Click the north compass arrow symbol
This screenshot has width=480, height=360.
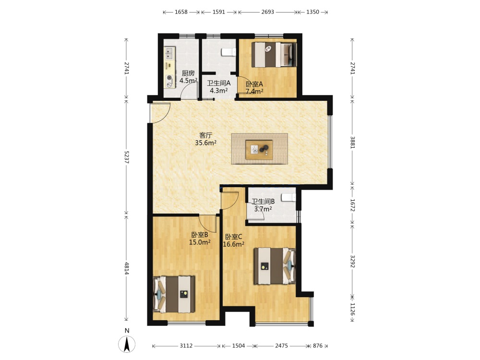pyautogui.click(x=127, y=344)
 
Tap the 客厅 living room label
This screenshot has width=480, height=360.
pyautogui.click(x=206, y=135)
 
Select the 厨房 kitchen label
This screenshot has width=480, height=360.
pyautogui.click(x=188, y=73)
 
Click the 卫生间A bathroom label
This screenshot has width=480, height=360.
pyautogui.click(x=218, y=83)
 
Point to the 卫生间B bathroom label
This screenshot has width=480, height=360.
pyautogui.click(x=263, y=202)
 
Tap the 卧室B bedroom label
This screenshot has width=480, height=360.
pyautogui.click(x=200, y=235)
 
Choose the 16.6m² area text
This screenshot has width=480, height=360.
pyautogui.click(x=234, y=244)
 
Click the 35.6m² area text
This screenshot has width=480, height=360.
pyautogui.click(x=206, y=143)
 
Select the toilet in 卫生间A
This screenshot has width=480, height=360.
pyautogui.click(x=228, y=52)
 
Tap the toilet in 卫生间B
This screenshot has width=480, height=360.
pyautogui.click(x=288, y=197)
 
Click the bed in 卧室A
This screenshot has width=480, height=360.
pyautogui.click(x=274, y=55)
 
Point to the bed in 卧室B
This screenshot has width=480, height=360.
pyautogui.click(x=174, y=295)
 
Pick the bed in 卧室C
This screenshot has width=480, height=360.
pyautogui.click(x=275, y=266)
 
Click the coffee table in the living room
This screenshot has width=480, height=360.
pyautogui.click(x=259, y=150)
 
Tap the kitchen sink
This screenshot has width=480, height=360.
pyautogui.click(x=169, y=53)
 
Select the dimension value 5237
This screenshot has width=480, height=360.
pyautogui.click(x=126, y=157)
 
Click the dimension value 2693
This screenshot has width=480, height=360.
pyautogui.click(x=267, y=12)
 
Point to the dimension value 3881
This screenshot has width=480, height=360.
pyautogui.click(x=352, y=143)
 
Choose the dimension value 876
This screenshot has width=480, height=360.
pyautogui.click(x=318, y=346)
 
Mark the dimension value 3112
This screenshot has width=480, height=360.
pyautogui.click(x=186, y=346)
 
